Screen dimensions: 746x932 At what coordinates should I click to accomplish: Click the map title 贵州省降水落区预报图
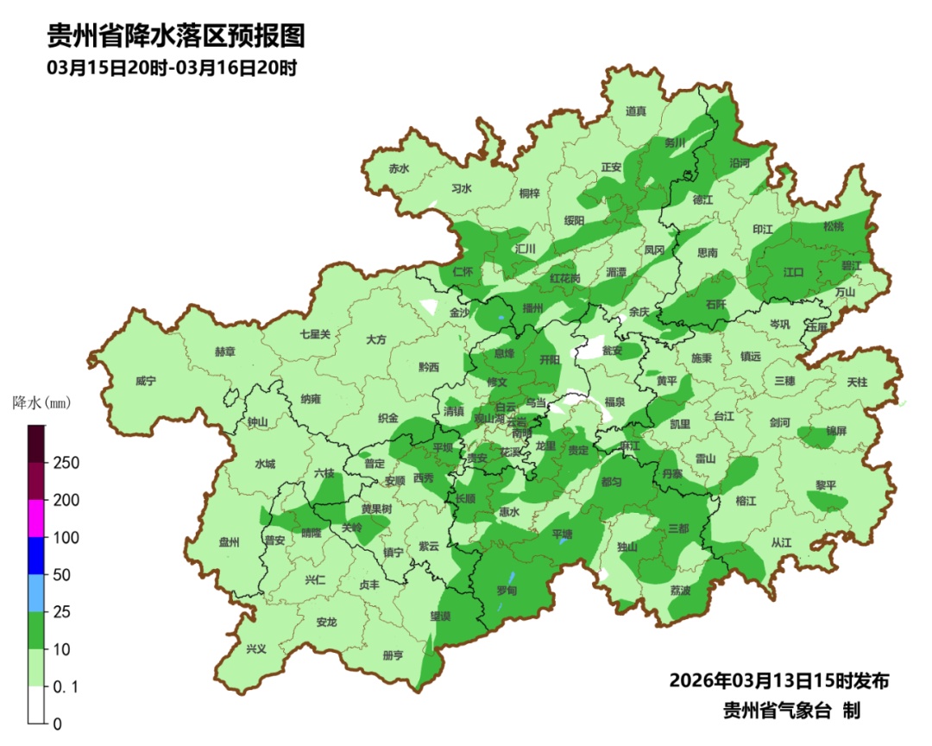[176, 36]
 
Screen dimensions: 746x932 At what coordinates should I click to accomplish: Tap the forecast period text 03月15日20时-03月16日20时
[172, 68]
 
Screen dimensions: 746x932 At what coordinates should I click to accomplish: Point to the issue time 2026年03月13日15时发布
[779, 681]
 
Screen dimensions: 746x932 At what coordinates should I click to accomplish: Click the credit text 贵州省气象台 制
[791, 711]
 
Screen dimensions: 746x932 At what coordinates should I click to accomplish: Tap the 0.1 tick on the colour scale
[66, 686]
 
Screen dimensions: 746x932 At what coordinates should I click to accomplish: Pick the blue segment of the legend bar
[36, 556]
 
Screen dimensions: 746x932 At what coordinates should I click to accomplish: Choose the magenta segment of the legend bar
[36, 519]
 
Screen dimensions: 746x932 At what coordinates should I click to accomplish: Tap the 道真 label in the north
[636, 111]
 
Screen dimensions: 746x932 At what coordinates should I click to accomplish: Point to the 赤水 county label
[399, 169]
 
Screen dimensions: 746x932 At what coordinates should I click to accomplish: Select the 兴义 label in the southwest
[257, 649]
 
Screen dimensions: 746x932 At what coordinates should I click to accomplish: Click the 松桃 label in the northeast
[833, 226]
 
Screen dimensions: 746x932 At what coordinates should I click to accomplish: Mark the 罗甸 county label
[507, 591]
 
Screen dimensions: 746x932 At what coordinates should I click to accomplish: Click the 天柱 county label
[857, 381]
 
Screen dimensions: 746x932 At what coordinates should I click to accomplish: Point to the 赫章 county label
[224, 352]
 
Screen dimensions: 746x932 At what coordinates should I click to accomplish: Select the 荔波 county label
[680, 591]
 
